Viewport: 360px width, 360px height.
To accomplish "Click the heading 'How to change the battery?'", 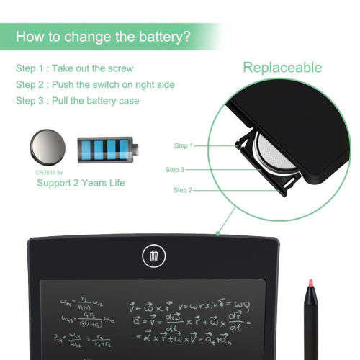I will [104, 36].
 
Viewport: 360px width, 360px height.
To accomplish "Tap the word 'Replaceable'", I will [282, 68].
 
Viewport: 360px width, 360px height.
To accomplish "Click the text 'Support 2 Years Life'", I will [81, 184].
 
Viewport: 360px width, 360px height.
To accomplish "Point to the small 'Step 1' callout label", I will [184, 145].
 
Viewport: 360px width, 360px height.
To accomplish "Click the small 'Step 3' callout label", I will [175, 169].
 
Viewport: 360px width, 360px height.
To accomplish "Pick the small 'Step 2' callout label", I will [184, 190].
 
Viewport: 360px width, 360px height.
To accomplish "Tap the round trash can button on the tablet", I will [153, 255].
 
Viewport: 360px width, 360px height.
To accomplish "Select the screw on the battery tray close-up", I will [237, 145].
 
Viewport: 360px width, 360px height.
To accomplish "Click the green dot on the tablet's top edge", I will [217, 233].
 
